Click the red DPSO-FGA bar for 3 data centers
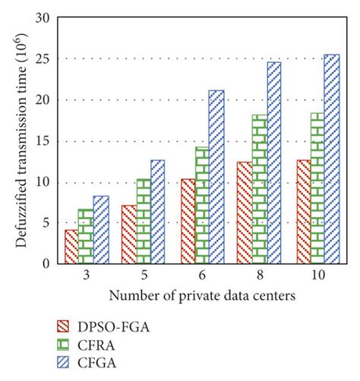(x=71, y=247)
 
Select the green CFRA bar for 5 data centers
(x=143, y=222)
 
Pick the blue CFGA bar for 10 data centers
(x=332, y=159)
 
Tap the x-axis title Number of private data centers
(x=201, y=294)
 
